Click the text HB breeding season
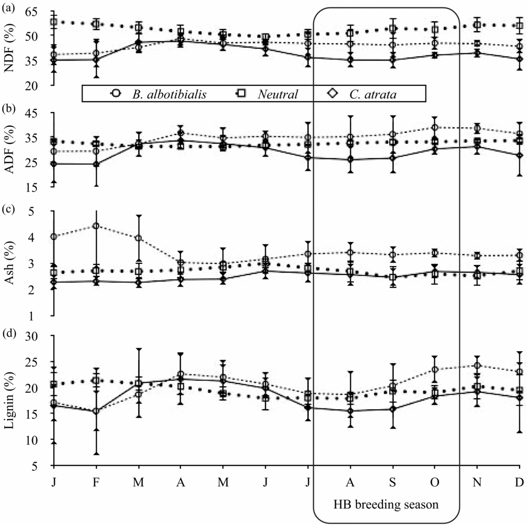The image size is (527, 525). coord(387,504)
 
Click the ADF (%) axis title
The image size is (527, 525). coord(9,149)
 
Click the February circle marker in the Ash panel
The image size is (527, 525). coord(96,226)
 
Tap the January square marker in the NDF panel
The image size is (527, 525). coord(53,22)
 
